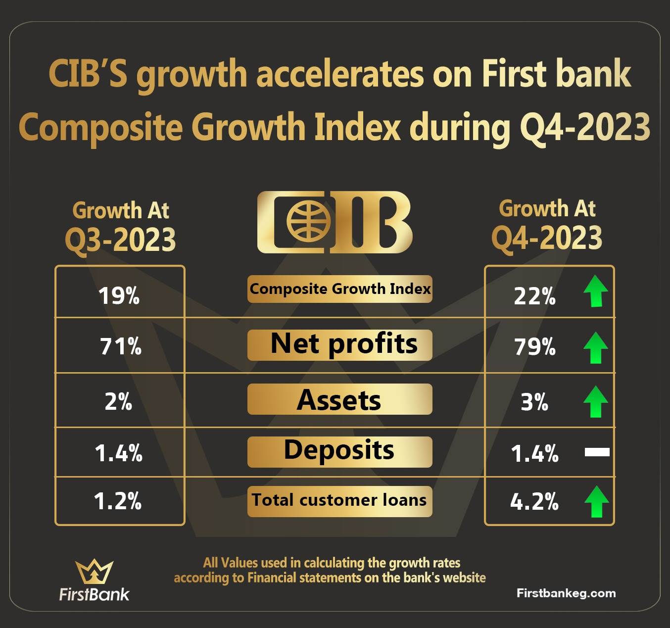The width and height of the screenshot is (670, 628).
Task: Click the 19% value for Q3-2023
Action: [119, 296]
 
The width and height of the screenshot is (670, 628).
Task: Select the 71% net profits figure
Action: [120, 346]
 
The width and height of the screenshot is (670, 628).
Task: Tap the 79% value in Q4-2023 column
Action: [535, 346]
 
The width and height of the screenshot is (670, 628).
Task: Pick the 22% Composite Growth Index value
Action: [534, 296]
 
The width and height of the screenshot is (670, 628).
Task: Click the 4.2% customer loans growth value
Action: [534, 501]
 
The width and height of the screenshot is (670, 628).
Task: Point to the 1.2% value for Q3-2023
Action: [117, 501]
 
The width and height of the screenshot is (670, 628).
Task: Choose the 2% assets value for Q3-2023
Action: [118, 401]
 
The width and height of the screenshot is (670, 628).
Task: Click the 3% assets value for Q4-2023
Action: [534, 402]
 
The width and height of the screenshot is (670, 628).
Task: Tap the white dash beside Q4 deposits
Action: [597, 452]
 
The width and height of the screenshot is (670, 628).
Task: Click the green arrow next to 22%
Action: [596, 291]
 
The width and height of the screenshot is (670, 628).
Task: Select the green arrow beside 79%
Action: [596, 347]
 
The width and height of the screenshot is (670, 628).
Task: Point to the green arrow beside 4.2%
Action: [596, 501]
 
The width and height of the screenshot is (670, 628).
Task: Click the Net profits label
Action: [344, 344]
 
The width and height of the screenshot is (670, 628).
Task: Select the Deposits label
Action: [339, 450]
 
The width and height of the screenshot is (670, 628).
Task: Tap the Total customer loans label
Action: [339, 500]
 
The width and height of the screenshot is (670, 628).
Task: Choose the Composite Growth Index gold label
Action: [340, 289]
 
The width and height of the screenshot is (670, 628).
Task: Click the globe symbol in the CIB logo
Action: [308, 222]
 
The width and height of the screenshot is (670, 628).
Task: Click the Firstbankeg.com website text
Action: [566, 593]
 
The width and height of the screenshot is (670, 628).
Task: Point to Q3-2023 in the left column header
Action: [120, 239]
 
